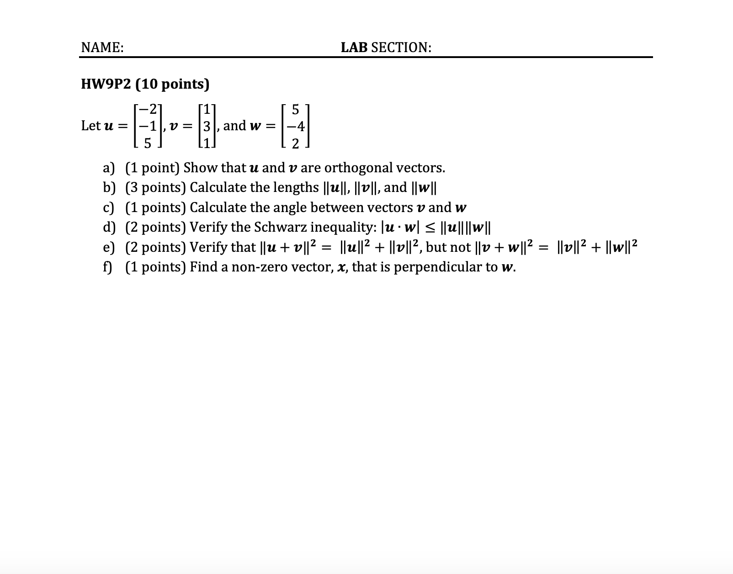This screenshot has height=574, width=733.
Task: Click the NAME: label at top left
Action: click(x=102, y=48)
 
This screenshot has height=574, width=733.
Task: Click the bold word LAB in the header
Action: click(x=354, y=48)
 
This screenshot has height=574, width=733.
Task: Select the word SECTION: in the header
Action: click(x=401, y=48)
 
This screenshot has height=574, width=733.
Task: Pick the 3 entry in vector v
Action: click(x=207, y=126)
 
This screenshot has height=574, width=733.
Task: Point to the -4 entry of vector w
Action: click(x=295, y=126)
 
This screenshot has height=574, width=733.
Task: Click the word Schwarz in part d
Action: click(x=283, y=227)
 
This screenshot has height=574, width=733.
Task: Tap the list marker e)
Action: click(x=109, y=247)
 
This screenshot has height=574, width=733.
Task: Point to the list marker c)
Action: click(x=109, y=208)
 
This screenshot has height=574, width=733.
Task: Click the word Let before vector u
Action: click(x=90, y=126)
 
